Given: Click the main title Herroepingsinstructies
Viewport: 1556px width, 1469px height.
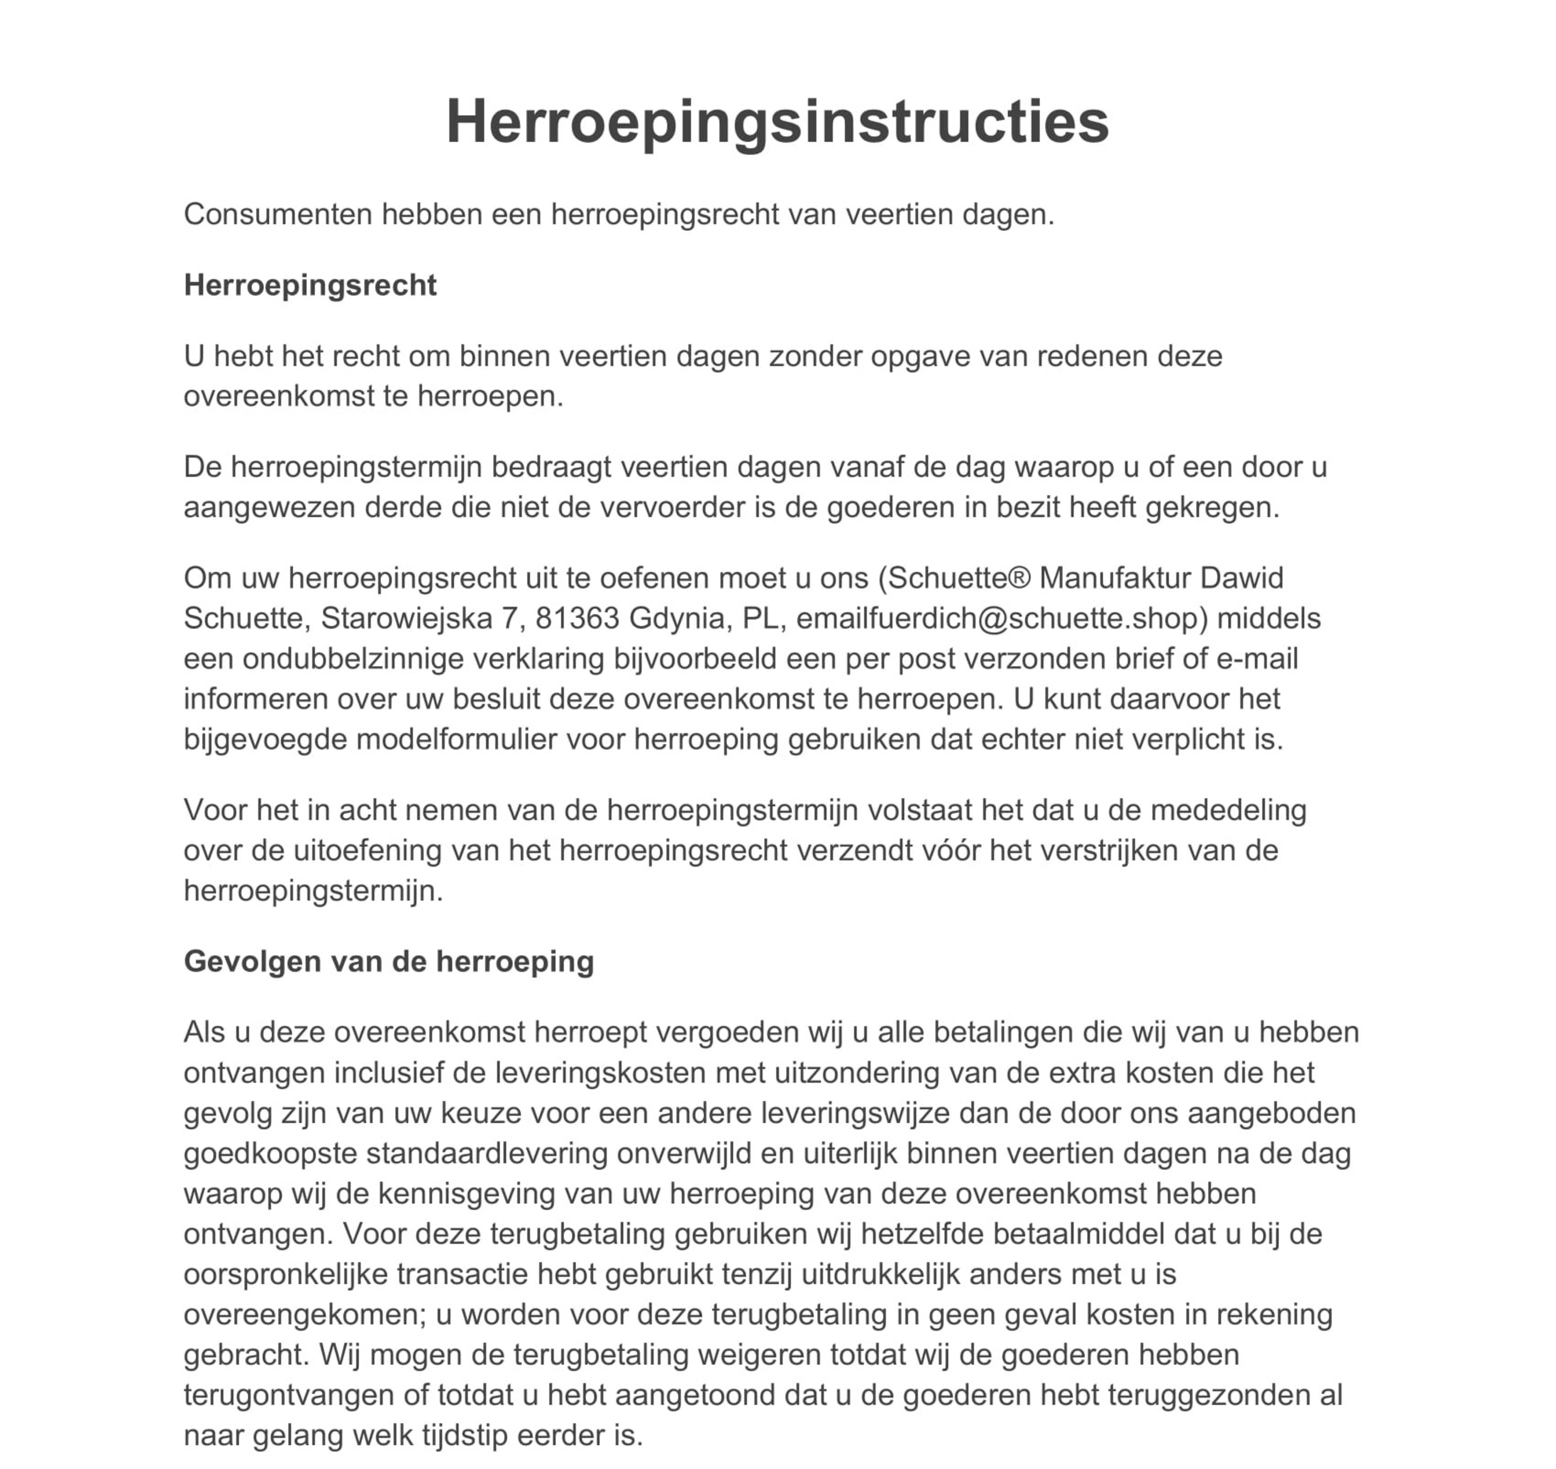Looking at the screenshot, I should click(777, 122).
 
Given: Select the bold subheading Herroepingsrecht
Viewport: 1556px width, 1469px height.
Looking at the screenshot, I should click(310, 285).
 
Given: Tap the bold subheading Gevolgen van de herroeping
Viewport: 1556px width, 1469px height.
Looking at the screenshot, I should click(388, 961).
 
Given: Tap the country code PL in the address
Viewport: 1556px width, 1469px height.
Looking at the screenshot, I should click(759, 619).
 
